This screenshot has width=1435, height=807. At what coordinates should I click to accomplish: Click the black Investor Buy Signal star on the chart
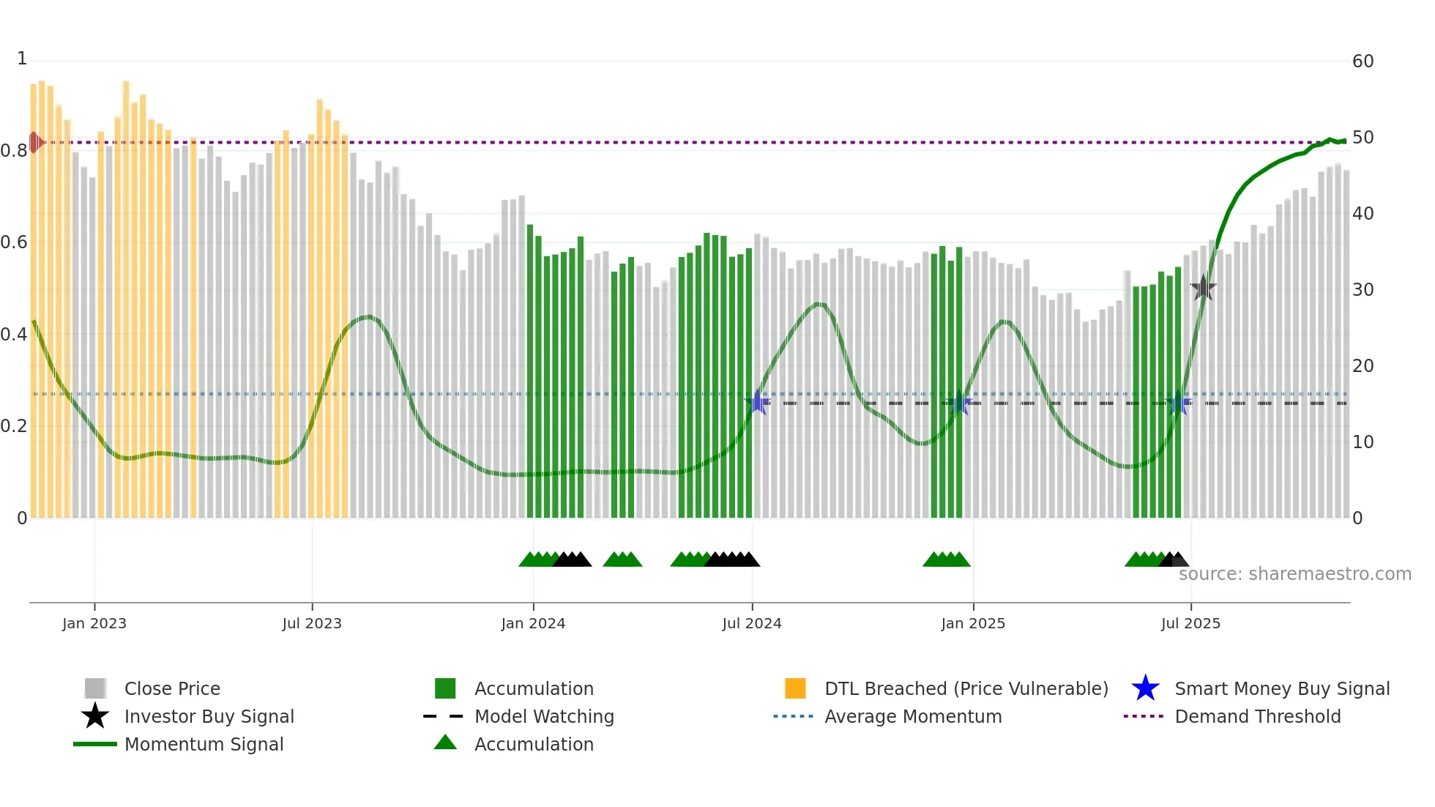click(x=1203, y=288)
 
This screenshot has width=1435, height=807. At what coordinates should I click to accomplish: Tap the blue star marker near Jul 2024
click(x=758, y=402)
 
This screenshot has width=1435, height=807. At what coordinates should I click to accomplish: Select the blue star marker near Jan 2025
click(x=959, y=403)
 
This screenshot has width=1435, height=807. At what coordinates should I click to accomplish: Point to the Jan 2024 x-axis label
click(x=533, y=623)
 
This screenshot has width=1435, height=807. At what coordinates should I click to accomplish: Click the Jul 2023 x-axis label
click(x=312, y=623)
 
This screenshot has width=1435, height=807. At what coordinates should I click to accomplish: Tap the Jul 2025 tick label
click(x=1190, y=623)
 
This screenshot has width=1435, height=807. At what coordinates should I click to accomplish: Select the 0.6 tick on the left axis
click(x=14, y=242)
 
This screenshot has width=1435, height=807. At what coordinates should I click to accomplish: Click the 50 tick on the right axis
click(x=1363, y=138)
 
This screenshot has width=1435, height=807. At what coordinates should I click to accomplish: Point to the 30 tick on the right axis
click(x=1363, y=290)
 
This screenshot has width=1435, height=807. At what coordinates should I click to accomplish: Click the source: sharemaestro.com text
click(x=1294, y=574)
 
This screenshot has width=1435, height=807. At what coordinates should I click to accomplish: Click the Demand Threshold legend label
click(x=1257, y=716)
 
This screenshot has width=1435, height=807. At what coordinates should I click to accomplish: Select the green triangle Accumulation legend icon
click(x=445, y=743)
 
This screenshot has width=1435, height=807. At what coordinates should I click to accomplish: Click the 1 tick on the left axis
click(x=22, y=59)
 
